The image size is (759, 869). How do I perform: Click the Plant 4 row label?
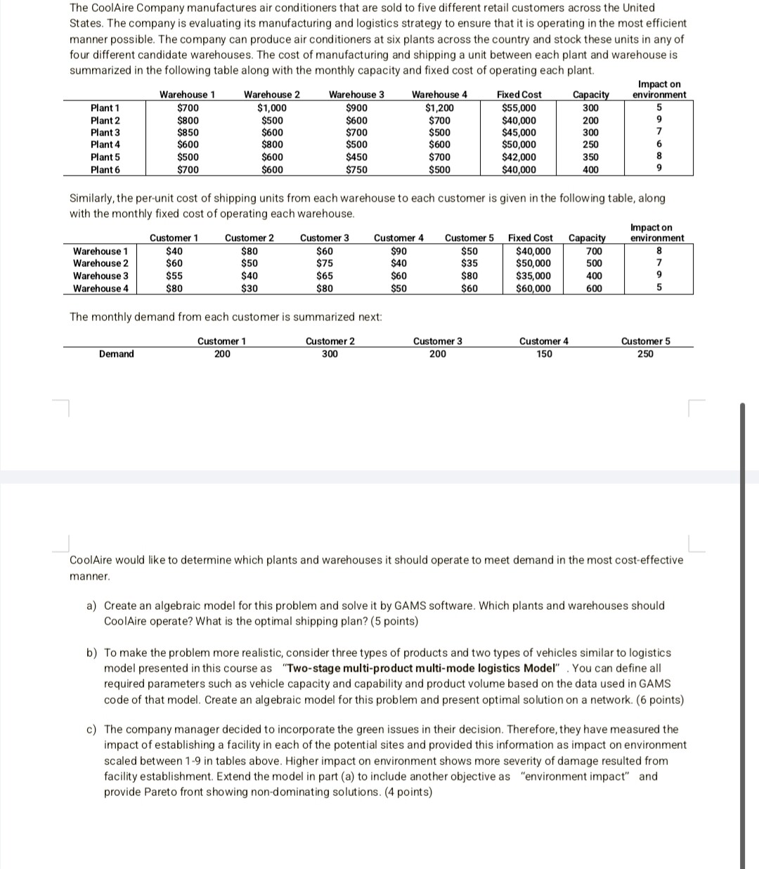(x=105, y=145)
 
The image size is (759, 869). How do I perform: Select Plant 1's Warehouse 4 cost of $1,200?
(x=439, y=108)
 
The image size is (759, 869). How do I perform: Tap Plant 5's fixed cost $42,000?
(x=519, y=157)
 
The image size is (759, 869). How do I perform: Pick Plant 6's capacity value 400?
(x=590, y=169)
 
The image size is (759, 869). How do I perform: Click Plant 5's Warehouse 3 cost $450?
(x=356, y=157)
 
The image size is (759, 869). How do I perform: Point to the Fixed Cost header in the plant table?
(x=519, y=95)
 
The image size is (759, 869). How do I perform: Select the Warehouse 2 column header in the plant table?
(x=272, y=95)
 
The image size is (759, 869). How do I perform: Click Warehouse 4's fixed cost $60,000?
(x=533, y=288)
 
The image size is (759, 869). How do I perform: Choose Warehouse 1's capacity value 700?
(x=594, y=251)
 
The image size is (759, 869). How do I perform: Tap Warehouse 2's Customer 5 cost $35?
(x=469, y=263)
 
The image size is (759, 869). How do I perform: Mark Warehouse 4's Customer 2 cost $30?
(x=249, y=288)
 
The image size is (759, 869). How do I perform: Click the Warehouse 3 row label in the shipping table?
(x=100, y=276)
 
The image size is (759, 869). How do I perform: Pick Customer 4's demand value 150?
(x=544, y=354)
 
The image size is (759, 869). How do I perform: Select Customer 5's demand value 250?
(x=645, y=354)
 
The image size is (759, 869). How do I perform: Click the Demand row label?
(x=116, y=354)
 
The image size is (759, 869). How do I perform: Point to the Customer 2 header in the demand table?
(x=330, y=341)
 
